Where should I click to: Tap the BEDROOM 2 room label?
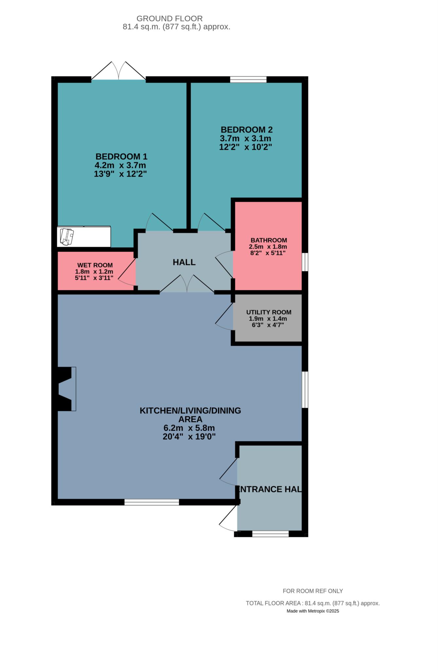[x=246, y=130]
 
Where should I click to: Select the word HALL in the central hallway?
[x=184, y=262]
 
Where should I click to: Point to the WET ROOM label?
[x=95, y=265]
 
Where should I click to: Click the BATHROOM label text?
[x=269, y=240]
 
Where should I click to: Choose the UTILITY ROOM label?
[x=269, y=312]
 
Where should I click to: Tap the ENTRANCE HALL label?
[x=269, y=489]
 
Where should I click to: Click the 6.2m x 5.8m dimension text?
[x=189, y=428]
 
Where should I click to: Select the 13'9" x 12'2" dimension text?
[x=120, y=174]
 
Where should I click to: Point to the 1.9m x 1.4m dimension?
[x=268, y=319]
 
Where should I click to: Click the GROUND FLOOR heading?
[x=170, y=19]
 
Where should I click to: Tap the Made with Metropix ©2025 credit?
[x=313, y=611]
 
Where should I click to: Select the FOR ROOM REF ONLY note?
[x=313, y=591]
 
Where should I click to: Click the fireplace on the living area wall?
[x=67, y=389]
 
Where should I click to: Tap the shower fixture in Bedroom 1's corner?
[x=84, y=236]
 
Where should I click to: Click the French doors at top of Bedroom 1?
[x=119, y=70]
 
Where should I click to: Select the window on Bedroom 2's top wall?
[x=248, y=79]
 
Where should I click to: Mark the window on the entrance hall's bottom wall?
[x=270, y=534]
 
